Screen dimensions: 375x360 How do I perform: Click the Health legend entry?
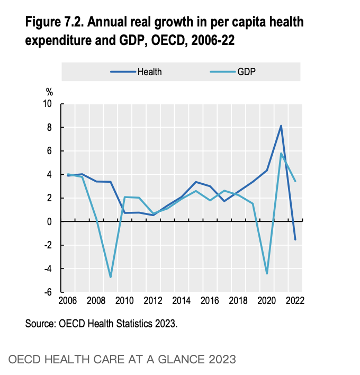(149, 72)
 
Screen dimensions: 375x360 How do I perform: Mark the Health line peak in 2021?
(281, 126)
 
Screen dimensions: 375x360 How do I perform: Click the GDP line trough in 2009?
(111, 277)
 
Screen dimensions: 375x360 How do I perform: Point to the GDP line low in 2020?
(267, 273)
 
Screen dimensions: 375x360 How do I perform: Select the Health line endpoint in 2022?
(295, 239)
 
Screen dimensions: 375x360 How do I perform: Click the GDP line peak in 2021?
(281, 154)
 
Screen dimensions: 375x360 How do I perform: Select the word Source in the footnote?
(38, 324)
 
